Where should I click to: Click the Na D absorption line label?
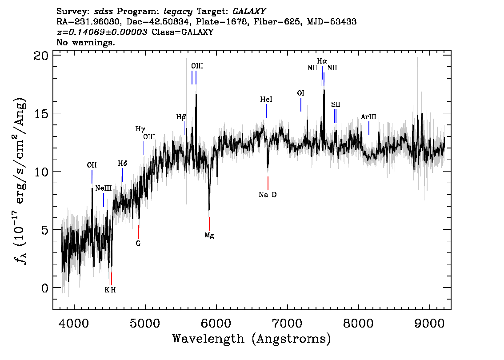pyautogui.click(x=268, y=195)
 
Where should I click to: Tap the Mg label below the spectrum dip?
pyautogui.click(x=209, y=236)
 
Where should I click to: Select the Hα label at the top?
pyautogui.click(x=322, y=61)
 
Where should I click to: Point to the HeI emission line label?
pyautogui.click(x=266, y=100)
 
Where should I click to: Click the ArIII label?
pyautogui.click(x=368, y=117)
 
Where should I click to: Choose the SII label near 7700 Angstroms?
pyautogui.click(x=336, y=104)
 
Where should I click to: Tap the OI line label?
pyautogui.click(x=301, y=93)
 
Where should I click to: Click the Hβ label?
pyautogui.click(x=181, y=117)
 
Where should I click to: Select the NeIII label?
pyautogui.click(x=103, y=188)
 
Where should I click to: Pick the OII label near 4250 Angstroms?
pyautogui.click(x=92, y=165)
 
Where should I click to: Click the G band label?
pyautogui.click(x=138, y=243)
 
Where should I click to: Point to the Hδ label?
pyautogui.click(x=123, y=163)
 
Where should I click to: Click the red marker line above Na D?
pyautogui.click(x=268, y=183)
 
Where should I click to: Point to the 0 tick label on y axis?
pyautogui.click(x=44, y=288)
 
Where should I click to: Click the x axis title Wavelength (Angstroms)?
pyautogui.click(x=252, y=339)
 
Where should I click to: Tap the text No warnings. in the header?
pyautogui.click(x=86, y=43)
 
